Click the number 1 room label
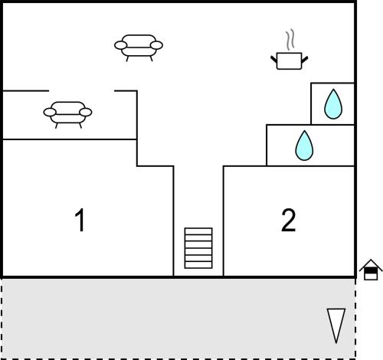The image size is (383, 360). click(x=80, y=220)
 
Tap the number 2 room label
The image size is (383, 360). click(x=289, y=220)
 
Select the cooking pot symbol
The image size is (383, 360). click(x=290, y=61)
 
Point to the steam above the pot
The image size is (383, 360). click(x=290, y=40)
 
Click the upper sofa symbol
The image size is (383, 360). click(x=139, y=47)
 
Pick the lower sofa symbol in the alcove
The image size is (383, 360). click(x=67, y=115)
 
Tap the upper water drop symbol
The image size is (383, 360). click(x=333, y=104)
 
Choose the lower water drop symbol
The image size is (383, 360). click(x=304, y=146)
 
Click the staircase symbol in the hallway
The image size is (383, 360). click(x=198, y=248)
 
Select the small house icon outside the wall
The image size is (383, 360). click(x=371, y=270)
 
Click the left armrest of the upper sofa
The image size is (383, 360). click(x=121, y=45)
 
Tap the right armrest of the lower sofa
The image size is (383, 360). click(x=86, y=113)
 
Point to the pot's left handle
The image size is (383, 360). click(x=273, y=60)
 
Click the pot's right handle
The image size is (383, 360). click(x=305, y=60)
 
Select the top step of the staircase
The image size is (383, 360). click(x=198, y=231)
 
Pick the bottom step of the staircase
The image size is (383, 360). click(x=198, y=265)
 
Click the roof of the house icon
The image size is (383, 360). click(x=371, y=264)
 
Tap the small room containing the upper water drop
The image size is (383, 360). click(x=332, y=103)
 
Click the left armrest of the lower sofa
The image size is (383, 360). click(x=50, y=113)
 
